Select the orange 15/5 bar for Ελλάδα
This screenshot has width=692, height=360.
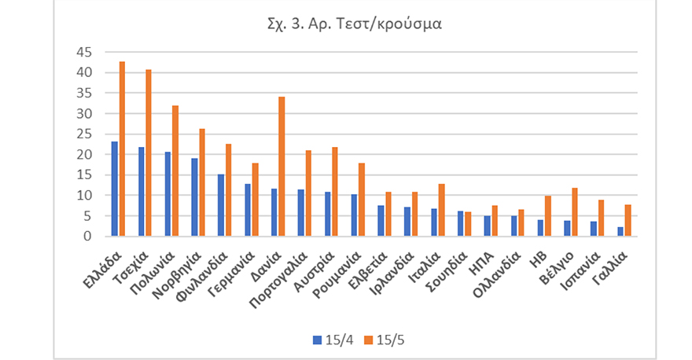pos(122,149)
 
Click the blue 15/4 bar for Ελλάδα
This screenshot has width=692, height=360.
pos(115,189)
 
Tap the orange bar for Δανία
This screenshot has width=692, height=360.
pos(282,166)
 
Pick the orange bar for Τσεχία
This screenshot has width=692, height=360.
pos(149,152)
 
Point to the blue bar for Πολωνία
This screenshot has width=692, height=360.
pos(167,193)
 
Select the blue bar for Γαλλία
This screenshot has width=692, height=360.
pos(620,231)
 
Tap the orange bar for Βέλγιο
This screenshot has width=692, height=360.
pos(574,211)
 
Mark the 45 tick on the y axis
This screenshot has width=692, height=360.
pos(83,52)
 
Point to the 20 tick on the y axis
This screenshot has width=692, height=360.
pos(83,154)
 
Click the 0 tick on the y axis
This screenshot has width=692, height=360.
pos(88,236)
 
